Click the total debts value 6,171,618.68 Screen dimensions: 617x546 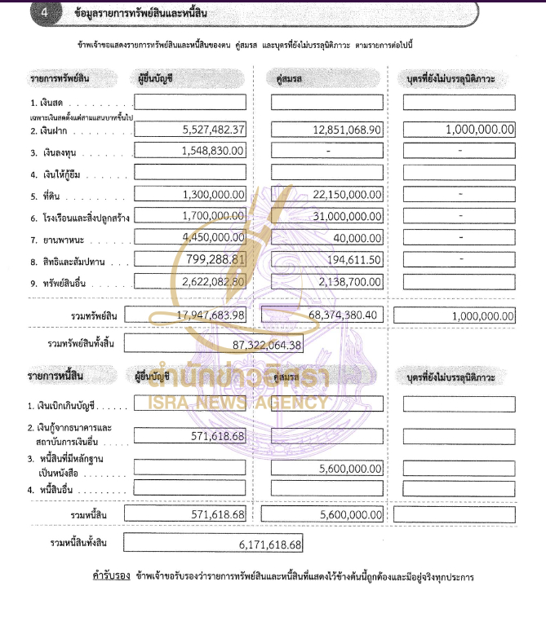point(265,544)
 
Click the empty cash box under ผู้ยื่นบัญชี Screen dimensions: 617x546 point(189,103)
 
